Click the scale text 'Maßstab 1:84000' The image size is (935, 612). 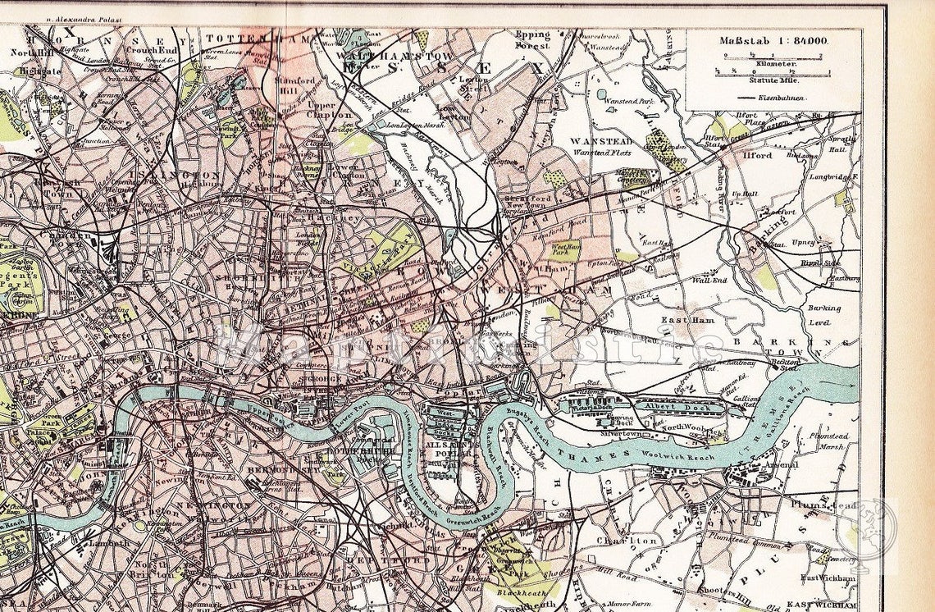(x=773, y=40)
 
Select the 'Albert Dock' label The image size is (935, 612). (x=670, y=406)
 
